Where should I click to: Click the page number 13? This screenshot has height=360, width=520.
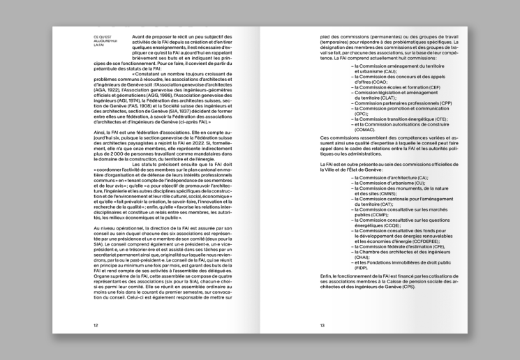click(x=322, y=325)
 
